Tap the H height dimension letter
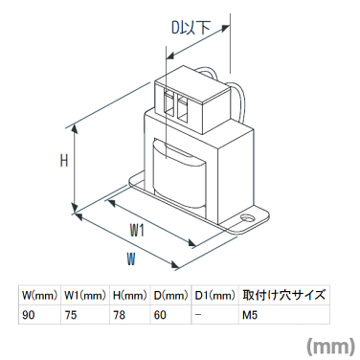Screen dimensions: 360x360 (x=64, y=161)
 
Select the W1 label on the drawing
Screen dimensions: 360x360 (x=136, y=230)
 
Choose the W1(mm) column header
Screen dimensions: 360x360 (x=85, y=295)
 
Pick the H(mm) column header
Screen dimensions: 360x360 (x=129, y=295)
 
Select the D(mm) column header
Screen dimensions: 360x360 (x=170, y=295)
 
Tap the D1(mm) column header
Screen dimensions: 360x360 (x=214, y=295)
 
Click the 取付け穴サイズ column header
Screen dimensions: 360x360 (x=284, y=295)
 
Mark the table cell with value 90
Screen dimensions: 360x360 (x=28, y=315)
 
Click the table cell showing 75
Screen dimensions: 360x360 (x=71, y=315)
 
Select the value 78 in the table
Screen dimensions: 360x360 (x=118, y=315)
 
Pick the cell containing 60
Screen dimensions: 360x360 (x=160, y=315)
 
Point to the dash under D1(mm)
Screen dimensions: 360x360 (x=197, y=315)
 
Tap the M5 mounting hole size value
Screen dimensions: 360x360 (x=250, y=315)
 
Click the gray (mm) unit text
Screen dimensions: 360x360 (x=329, y=345)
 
